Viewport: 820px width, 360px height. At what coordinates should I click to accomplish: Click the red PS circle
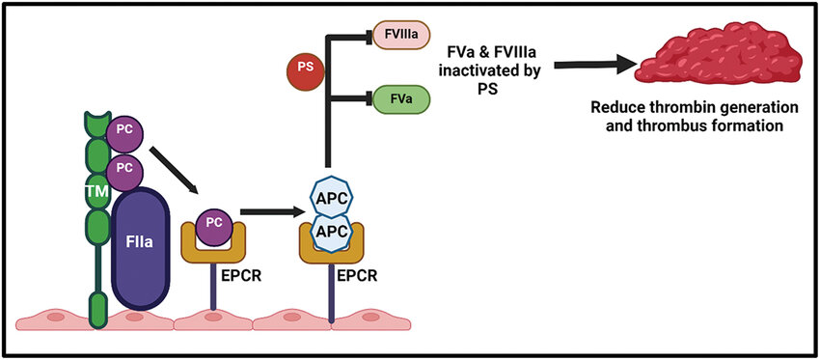306,68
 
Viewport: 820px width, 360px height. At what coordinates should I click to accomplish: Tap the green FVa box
401,97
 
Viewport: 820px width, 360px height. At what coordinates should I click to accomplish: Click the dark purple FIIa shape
141,249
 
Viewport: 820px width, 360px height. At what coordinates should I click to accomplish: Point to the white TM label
97,193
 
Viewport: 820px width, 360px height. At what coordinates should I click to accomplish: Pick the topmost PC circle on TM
124,129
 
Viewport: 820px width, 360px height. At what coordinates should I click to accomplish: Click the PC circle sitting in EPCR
213,227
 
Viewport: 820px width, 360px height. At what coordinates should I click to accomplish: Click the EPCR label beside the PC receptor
239,276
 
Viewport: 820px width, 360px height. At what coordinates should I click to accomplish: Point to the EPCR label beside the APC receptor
356,276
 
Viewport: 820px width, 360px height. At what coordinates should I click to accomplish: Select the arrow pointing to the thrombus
595,64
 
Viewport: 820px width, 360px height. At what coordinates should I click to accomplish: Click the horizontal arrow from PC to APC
272,212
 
